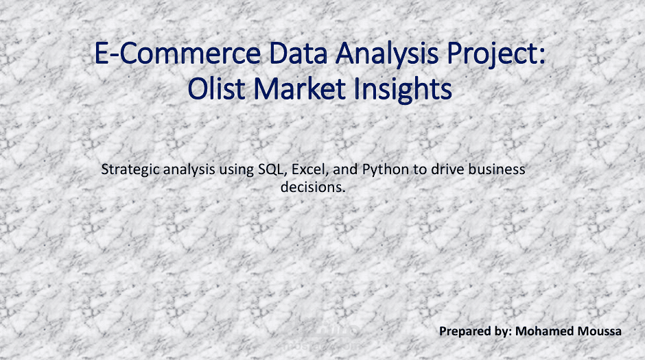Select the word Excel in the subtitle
[x=309, y=169]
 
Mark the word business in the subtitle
[x=499, y=169]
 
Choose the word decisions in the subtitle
[x=313, y=186]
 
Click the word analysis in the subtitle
[x=191, y=169]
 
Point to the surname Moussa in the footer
[x=599, y=331]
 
